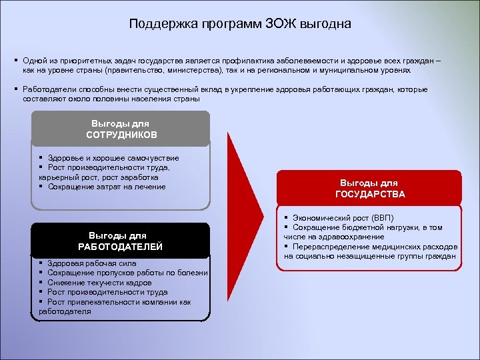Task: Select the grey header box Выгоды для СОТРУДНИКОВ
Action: click(x=121, y=129)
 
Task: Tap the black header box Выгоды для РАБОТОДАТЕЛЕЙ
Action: click(x=121, y=241)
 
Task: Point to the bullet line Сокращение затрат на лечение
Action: click(x=107, y=187)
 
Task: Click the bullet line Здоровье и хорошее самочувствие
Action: click(x=113, y=157)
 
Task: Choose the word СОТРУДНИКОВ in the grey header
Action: click(x=121, y=135)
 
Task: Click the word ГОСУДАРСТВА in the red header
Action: click(x=369, y=194)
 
